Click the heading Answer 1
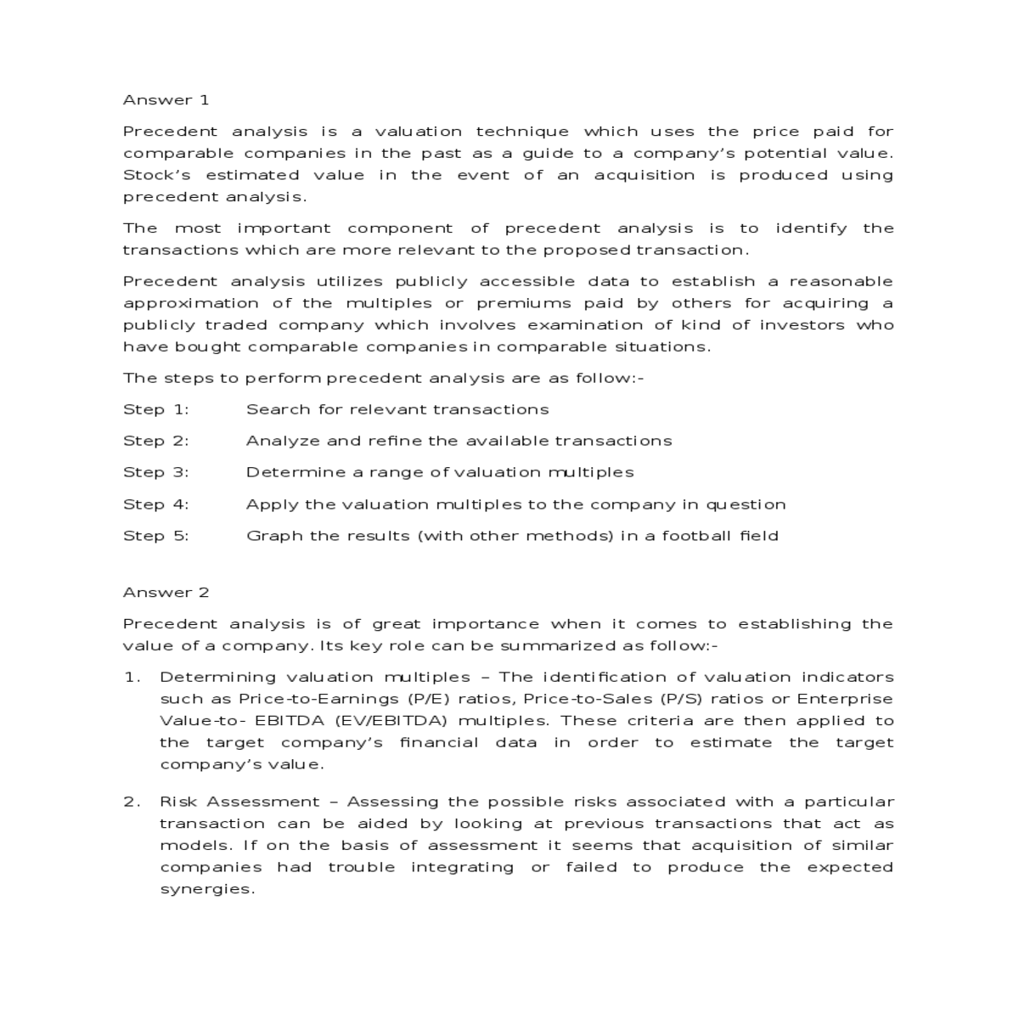click(x=166, y=100)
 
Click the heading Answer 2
click(x=166, y=593)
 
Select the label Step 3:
click(x=156, y=473)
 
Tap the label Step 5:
click(x=156, y=536)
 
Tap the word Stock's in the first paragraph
click(x=157, y=176)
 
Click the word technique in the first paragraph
click(x=522, y=132)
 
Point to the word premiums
click(x=524, y=304)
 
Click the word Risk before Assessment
click(x=178, y=802)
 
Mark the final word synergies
click(x=207, y=890)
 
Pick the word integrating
click(x=462, y=868)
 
